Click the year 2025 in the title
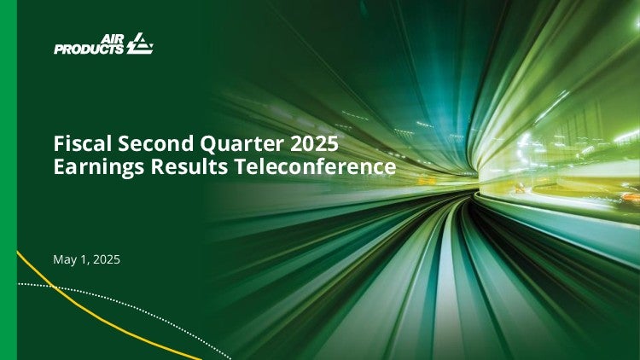314,143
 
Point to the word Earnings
99,168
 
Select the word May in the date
63,260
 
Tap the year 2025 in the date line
107,259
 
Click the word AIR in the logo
112,39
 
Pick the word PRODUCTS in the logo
89,49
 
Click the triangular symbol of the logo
140,44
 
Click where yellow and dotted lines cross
54,287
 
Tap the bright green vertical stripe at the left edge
9,180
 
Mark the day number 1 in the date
84,259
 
